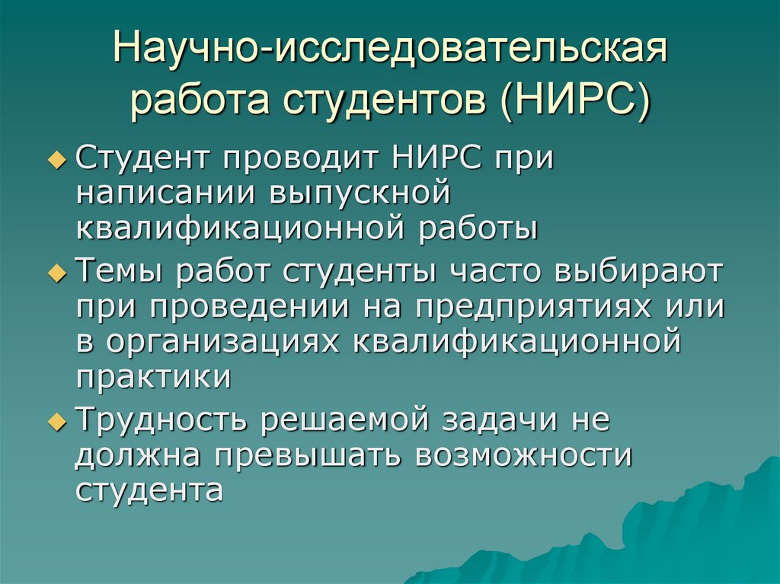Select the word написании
point(166,193)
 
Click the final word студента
point(149,490)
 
